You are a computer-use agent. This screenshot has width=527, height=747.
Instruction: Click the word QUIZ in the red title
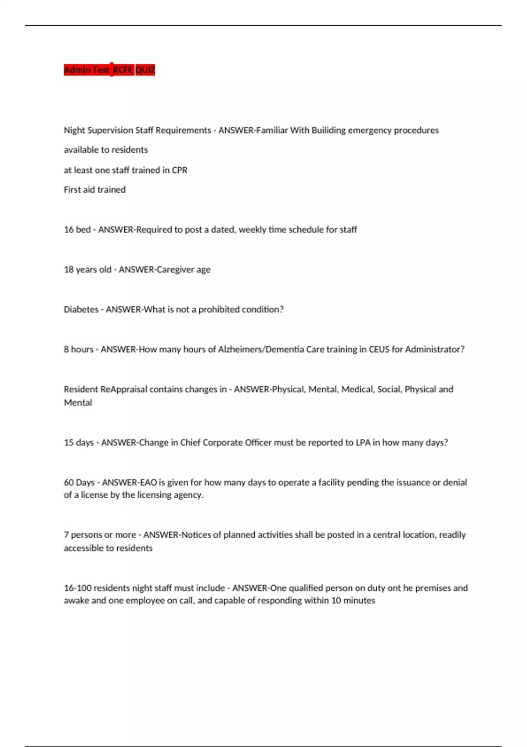(x=145, y=70)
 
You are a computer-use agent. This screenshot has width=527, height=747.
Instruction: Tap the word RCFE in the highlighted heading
(x=123, y=70)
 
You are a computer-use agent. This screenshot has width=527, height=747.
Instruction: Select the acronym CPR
(x=180, y=170)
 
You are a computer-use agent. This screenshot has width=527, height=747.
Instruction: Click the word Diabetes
(x=81, y=309)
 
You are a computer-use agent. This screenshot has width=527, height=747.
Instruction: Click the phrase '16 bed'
(x=77, y=229)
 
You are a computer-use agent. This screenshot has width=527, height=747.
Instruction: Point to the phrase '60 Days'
(x=79, y=482)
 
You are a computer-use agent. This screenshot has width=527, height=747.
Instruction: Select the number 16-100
(x=77, y=588)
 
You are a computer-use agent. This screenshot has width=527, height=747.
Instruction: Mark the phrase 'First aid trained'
(x=95, y=190)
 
